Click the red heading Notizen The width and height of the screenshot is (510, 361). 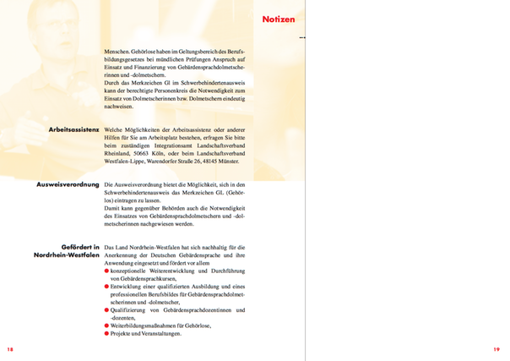point(278,18)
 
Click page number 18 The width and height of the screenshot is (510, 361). point(9,349)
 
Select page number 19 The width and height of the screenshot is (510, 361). point(497,349)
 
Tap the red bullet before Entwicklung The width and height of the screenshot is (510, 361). point(106,287)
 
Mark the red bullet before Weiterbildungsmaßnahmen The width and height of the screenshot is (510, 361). point(106,325)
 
